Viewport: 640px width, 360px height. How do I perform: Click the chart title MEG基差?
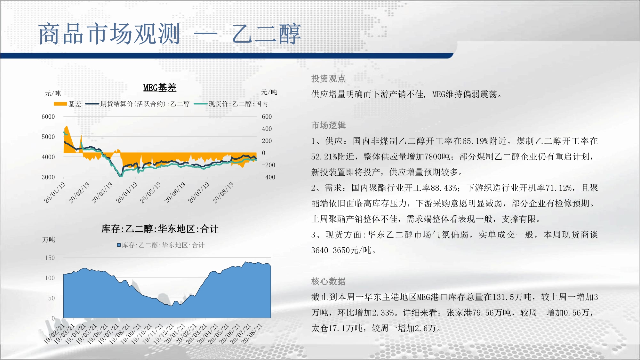pyautogui.click(x=160, y=88)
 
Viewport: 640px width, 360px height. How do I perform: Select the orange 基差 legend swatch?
pyautogui.click(x=60, y=104)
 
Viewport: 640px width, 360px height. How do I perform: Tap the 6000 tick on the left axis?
pyautogui.click(x=48, y=117)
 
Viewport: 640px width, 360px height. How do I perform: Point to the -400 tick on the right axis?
pyautogui.click(x=268, y=177)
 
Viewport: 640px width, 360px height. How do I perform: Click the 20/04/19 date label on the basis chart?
pyautogui.click(x=126, y=193)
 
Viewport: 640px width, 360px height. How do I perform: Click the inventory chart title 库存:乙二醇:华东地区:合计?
pyautogui.click(x=160, y=229)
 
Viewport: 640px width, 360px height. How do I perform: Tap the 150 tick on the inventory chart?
pyautogui.click(x=50, y=258)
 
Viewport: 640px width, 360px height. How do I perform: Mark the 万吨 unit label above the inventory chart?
pyautogui.click(x=49, y=240)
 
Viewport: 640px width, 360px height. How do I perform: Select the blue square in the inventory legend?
pyautogui.click(x=119, y=245)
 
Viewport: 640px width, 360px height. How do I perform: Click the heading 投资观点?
pyautogui.click(x=328, y=78)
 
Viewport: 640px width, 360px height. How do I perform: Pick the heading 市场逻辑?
pyautogui.click(x=328, y=125)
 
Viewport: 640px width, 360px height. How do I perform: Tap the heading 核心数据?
pyautogui.click(x=328, y=281)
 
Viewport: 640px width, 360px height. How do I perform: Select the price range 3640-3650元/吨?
pyautogui.click(x=341, y=250)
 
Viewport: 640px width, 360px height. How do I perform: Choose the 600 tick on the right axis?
pyautogui.click(x=267, y=117)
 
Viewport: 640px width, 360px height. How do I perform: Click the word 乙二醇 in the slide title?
pyautogui.click(x=267, y=34)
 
